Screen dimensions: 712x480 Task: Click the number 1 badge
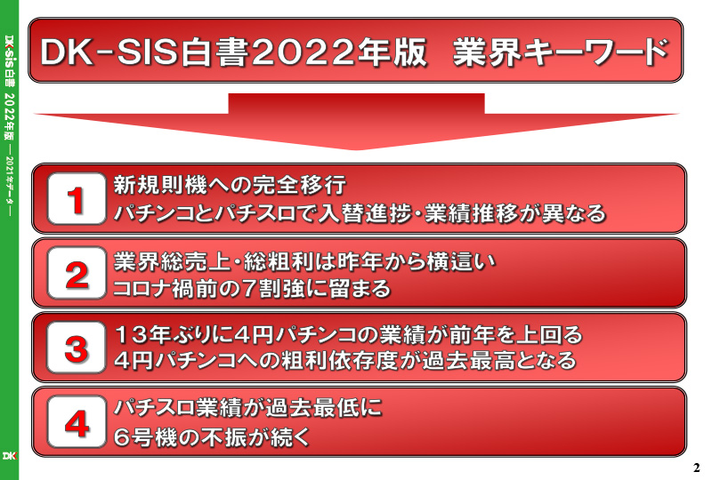pos(77,199)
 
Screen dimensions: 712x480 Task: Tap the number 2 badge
pos(77,273)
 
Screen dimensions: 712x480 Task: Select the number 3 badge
pos(77,348)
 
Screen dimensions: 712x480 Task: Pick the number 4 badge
pos(77,422)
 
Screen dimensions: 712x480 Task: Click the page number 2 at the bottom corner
pos(697,468)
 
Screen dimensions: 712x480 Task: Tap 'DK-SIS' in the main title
pos(109,52)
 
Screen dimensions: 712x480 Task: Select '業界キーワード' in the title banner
pos(561,52)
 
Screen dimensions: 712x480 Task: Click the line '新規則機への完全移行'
pos(230,185)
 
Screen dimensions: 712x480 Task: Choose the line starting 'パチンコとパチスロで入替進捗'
pos(360,213)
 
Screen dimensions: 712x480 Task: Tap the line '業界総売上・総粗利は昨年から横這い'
pos(304,261)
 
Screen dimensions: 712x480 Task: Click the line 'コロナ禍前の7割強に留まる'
pos(252,289)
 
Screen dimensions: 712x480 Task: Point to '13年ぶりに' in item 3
pos(174,335)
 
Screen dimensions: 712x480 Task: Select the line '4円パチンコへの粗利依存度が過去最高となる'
pos(345,361)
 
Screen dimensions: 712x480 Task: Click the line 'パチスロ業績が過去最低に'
pos(248,408)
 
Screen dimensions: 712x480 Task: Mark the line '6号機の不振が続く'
pos(212,437)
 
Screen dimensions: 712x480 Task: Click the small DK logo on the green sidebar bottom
pos(9,455)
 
